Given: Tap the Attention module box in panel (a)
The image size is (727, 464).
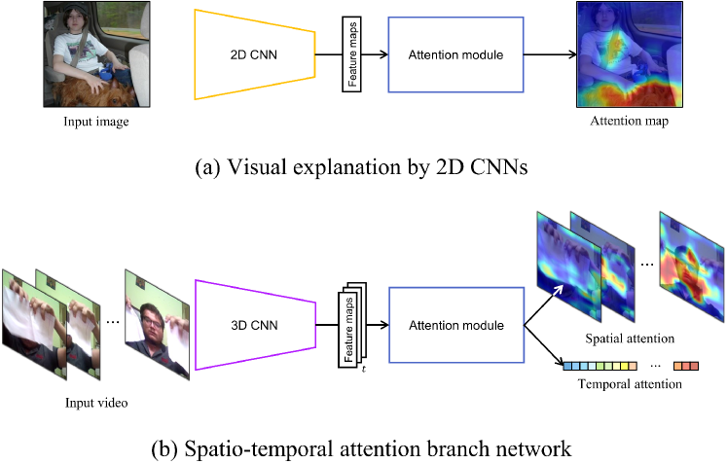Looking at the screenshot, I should [x=456, y=54].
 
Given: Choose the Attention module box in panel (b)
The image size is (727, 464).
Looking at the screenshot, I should [x=456, y=325].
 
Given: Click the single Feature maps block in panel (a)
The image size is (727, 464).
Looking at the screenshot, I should [x=352, y=54].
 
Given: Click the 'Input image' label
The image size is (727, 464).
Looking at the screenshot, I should [x=96, y=122].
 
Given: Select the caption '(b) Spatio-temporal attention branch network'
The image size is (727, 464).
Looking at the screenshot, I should [x=362, y=448].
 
